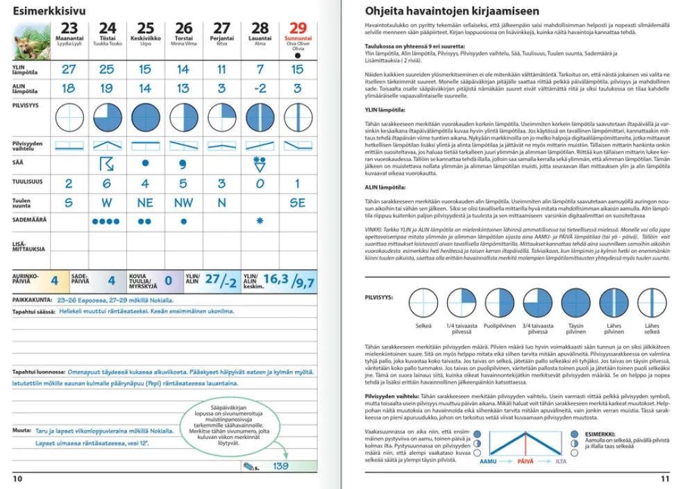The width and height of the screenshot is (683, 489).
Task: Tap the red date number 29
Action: click(298, 28)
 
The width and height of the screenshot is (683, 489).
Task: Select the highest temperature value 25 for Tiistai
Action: click(106, 69)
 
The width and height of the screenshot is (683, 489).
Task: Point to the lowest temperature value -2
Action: click(260, 88)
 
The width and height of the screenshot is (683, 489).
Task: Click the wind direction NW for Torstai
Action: click(183, 203)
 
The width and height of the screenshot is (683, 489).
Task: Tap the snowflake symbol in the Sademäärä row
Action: click(260, 221)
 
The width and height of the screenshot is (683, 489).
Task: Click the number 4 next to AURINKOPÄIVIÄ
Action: click(54, 281)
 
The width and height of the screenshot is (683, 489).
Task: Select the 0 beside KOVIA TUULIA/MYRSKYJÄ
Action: click(169, 281)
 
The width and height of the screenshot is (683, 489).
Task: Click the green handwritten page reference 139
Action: click(280, 466)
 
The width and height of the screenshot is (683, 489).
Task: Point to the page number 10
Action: click(17, 479)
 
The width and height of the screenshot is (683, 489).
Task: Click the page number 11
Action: click(665, 479)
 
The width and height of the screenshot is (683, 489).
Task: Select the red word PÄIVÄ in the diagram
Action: click(528, 461)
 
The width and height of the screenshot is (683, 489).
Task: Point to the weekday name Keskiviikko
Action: click(145, 38)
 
